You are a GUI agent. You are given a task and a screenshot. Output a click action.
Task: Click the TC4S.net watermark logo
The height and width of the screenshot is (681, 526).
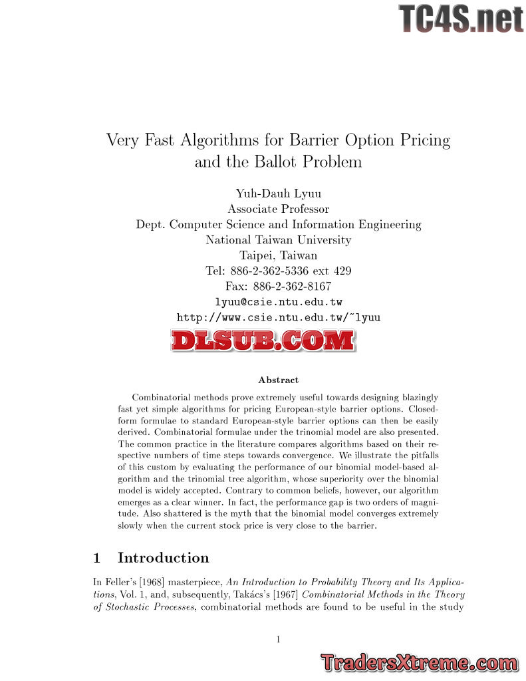point(461,18)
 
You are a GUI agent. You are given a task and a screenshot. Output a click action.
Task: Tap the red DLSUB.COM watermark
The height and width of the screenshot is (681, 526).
point(263,340)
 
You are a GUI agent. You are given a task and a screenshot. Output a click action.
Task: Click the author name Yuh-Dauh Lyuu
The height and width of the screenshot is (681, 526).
point(278,194)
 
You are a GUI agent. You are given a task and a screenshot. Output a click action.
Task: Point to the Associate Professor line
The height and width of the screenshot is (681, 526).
point(278,209)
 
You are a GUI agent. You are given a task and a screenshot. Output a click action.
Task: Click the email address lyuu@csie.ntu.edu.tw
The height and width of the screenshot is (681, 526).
point(278,302)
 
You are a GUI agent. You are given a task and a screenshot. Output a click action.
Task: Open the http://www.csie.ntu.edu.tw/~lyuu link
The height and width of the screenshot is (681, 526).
point(278,318)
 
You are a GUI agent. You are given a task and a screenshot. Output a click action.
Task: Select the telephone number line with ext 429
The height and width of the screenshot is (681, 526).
point(278,271)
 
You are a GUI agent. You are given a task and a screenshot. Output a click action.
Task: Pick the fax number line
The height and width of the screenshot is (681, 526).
point(278,287)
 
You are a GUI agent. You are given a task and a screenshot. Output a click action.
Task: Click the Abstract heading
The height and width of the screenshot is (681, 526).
point(278,380)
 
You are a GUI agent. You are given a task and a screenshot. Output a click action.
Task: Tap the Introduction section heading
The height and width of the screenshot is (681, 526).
point(163,558)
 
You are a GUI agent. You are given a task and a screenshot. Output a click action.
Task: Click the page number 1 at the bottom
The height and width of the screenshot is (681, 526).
point(278,640)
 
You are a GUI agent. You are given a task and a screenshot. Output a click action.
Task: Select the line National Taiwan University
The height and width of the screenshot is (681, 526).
point(278,240)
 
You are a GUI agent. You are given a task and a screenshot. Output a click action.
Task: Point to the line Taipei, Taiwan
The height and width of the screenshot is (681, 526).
point(278,255)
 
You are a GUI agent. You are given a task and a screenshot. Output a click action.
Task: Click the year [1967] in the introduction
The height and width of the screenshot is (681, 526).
point(283,595)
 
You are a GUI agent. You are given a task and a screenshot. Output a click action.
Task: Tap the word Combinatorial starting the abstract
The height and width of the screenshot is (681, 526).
point(162,398)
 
